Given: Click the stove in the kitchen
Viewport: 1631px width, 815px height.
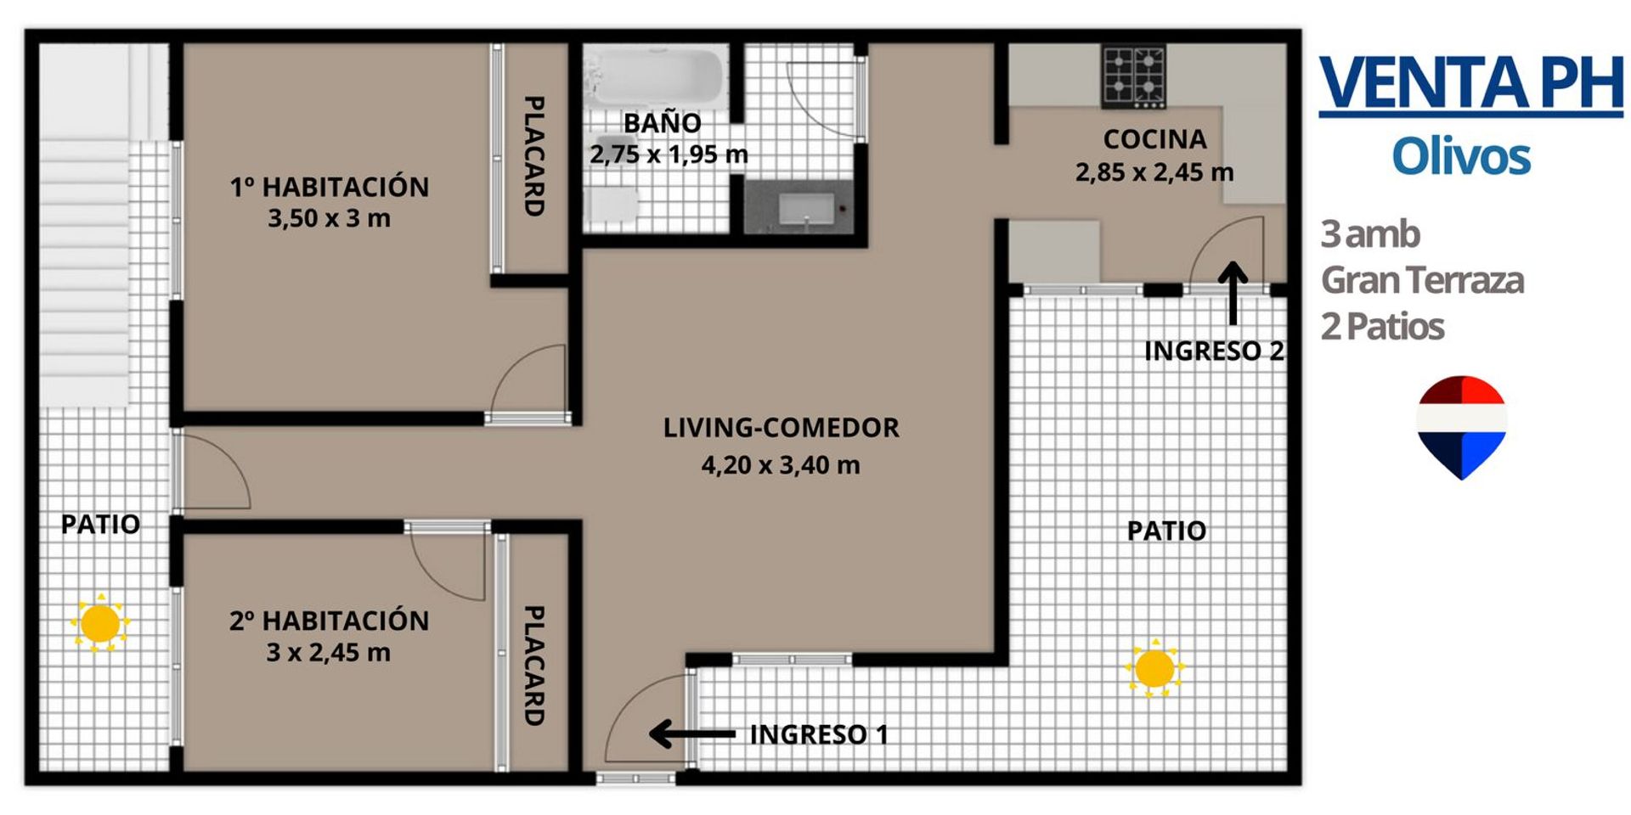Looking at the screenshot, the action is tap(1134, 77).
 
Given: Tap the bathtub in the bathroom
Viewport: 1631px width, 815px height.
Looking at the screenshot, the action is tap(654, 76).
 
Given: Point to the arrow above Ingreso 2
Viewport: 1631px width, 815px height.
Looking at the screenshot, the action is tap(1233, 293).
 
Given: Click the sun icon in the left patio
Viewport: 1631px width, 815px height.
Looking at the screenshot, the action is tap(100, 624).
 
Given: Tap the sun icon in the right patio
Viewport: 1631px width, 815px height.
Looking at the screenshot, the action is tap(1154, 669).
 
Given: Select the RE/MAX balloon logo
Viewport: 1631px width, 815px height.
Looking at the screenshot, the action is tap(1461, 427).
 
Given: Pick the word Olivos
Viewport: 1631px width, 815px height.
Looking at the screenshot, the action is tap(1461, 157).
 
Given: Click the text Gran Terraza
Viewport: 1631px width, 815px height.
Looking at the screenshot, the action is tap(1423, 280).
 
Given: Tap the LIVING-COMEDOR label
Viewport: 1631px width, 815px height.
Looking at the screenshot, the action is tap(781, 428).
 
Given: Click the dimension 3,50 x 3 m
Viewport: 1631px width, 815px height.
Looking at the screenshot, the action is tap(330, 219).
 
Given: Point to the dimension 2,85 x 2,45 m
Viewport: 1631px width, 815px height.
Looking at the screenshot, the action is tap(1154, 173).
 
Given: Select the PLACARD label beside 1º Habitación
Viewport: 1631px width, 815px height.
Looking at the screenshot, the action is tap(533, 155).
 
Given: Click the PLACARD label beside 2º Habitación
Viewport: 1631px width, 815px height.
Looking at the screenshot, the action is tap(533, 666).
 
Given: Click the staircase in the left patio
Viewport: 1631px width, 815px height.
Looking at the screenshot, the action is tap(85, 225).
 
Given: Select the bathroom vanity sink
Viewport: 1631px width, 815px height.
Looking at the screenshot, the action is tap(804, 208).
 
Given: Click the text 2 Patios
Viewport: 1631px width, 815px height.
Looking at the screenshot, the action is tap(1383, 327).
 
